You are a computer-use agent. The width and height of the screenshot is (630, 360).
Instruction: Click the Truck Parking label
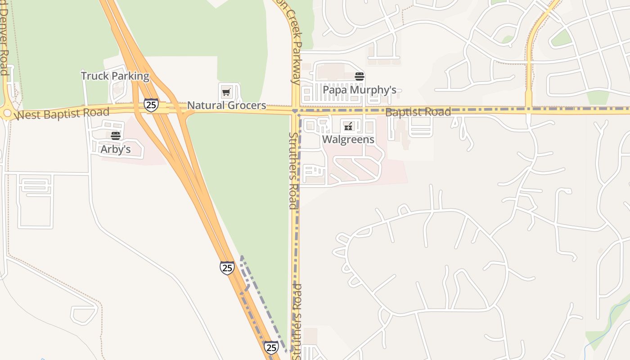[x=115, y=76]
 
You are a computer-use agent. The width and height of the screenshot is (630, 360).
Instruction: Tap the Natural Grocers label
[x=226, y=105]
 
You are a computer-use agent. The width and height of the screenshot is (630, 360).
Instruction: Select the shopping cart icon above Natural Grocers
[x=226, y=93]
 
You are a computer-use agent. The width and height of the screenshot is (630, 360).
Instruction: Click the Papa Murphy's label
[x=360, y=90]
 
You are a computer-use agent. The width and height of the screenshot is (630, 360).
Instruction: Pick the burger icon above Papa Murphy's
[x=359, y=76]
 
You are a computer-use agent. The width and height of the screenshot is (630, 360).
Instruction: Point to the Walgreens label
[x=348, y=139]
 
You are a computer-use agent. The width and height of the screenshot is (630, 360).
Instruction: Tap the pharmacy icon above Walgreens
[x=348, y=126]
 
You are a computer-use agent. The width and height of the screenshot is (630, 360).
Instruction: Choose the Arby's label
[x=116, y=149]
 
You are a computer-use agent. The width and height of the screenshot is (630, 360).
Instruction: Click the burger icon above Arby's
[x=116, y=135]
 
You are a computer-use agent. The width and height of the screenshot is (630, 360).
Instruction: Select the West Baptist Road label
[x=62, y=113]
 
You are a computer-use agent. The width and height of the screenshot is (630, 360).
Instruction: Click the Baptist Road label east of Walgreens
[x=418, y=112]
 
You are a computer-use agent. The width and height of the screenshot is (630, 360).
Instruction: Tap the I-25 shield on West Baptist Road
[x=151, y=105]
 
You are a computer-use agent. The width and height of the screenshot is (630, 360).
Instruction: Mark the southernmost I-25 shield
[x=271, y=347]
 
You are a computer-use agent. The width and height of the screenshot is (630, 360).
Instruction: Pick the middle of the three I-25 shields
[x=227, y=268]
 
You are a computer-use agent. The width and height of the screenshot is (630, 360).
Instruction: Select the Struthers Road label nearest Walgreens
[x=293, y=171]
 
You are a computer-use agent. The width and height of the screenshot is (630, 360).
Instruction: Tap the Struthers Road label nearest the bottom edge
[x=297, y=322]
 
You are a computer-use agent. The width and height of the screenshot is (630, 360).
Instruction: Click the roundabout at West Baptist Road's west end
[x=6, y=112]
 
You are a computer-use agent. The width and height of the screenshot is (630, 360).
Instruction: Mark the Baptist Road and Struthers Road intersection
[x=295, y=110]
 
